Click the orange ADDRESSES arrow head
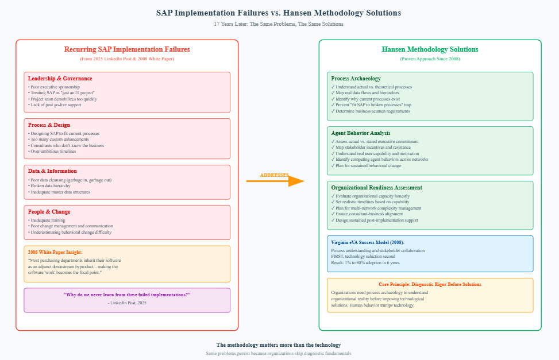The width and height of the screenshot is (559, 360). click(x=295, y=181)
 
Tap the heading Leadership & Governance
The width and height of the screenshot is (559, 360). click(x=60, y=79)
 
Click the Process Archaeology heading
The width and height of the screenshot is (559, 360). click(x=356, y=79)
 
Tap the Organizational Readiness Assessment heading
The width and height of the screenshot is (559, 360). click(x=376, y=188)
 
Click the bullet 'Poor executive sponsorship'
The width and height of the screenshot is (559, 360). click(x=55, y=87)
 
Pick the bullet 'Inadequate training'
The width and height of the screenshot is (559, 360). click(x=48, y=220)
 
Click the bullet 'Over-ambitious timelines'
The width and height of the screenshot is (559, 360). click(x=55, y=151)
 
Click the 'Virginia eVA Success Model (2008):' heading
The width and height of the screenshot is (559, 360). click(x=368, y=242)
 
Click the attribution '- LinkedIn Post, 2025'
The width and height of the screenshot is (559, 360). click(x=127, y=303)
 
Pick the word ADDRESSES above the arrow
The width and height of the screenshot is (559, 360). click(x=275, y=175)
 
